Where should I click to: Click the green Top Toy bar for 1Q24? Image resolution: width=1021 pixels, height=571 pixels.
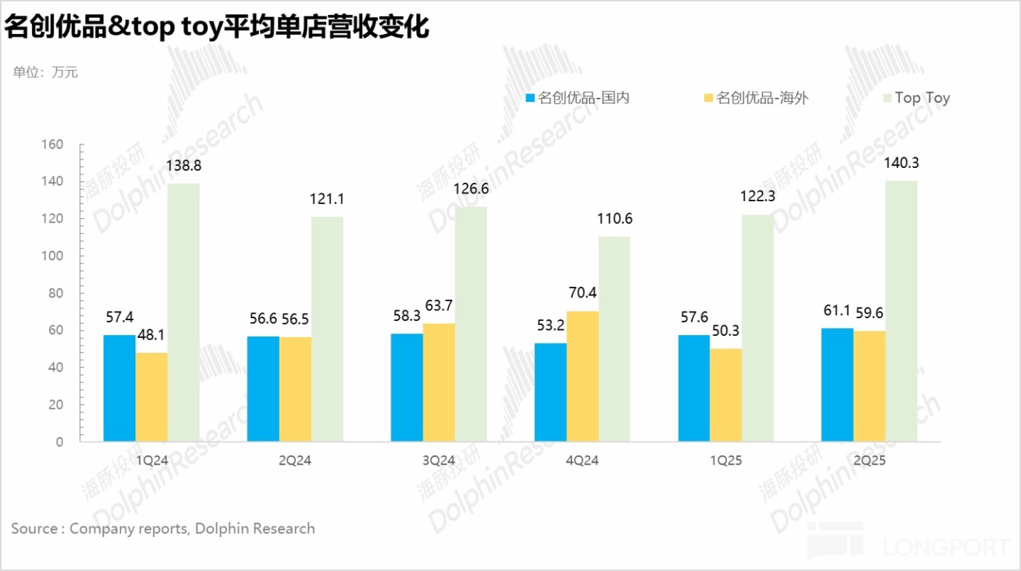coord(184,312)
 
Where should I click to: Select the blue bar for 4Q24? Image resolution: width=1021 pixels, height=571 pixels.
coord(550,392)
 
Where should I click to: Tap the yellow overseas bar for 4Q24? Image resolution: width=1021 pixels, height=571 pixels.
coord(582,376)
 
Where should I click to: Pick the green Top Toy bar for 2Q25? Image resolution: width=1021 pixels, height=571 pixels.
coord(901,311)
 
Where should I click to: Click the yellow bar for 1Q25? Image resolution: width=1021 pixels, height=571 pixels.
coord(726,395)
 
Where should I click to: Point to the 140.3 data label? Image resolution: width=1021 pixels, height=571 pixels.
coord(900,163)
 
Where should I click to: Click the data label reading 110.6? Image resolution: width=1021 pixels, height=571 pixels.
coord(614,219)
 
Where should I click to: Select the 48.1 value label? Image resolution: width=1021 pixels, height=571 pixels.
coord(152,335)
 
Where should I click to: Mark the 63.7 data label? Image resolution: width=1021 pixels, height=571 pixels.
coord(439,306)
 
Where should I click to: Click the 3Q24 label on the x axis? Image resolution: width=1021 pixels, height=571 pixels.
coord(439,460)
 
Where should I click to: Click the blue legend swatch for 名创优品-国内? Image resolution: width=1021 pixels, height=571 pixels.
coord(530,98)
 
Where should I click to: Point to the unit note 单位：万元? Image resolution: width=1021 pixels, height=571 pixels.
coord(45,72)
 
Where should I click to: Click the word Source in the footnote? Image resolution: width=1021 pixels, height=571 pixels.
coord(34,528)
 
